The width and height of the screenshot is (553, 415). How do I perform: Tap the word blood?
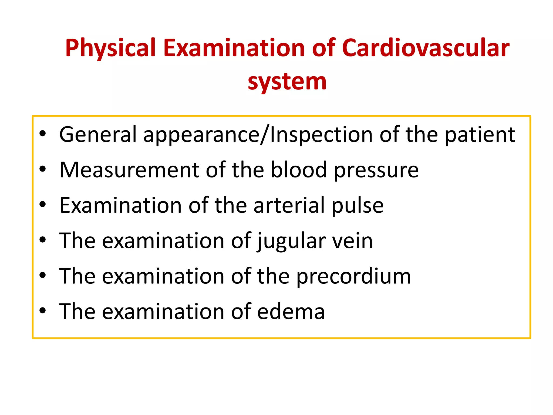coord(299,170)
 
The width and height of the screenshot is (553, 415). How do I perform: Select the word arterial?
coord(289,205)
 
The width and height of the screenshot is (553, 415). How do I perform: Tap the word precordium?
coord(354,277)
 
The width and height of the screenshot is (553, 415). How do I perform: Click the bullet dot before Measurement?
coord(43,169)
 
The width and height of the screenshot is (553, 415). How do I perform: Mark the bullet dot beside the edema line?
coord(43,311)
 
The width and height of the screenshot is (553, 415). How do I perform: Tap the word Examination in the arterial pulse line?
coord(120,205)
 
